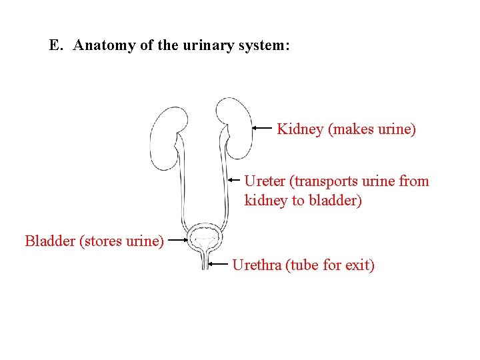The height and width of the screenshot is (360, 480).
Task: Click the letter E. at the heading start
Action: [56, 46]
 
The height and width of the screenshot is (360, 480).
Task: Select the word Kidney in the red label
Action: [300, 129]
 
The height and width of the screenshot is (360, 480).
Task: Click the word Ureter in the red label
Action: [265, 181]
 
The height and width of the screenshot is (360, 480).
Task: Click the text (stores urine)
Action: [121, 241]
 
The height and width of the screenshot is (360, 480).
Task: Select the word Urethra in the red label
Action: [256, 265]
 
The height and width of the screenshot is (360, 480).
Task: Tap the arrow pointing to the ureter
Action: [233, 180]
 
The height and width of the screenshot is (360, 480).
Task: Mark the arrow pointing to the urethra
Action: [218, 264]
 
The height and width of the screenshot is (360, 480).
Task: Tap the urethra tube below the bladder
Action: [205, 261]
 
